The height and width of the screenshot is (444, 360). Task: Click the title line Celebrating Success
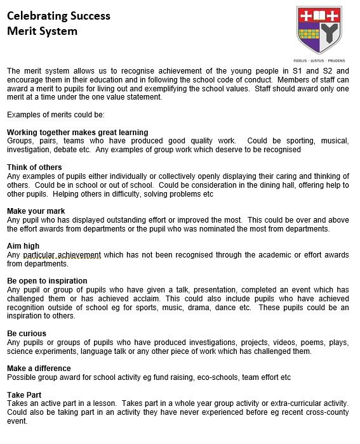tap(58, 16)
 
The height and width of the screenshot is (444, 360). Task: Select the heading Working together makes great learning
tap(77, 132)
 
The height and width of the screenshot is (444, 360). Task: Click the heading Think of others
tap(34, 167)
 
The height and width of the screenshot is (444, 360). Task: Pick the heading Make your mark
tap(36, 211)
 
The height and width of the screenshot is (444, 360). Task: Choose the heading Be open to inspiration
tap(47, 280)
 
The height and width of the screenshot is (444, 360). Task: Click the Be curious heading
tap(26, 333)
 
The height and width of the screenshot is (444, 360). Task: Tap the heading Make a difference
tap(39, 368)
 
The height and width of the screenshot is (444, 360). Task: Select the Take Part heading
tap(24, 395)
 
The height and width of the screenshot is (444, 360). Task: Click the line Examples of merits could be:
tap(55, 115)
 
